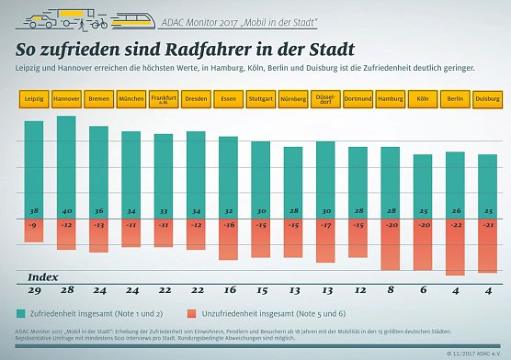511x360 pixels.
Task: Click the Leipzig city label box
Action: coord(34,97)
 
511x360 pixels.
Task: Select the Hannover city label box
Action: coord(66,97)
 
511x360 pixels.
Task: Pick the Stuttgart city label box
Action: coord(261,97)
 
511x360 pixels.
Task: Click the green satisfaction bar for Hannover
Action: coord(66,165)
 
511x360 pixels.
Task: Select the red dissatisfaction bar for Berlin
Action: coord(455,248)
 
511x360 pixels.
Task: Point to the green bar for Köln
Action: coord(423,184)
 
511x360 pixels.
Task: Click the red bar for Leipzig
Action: coord(34,231)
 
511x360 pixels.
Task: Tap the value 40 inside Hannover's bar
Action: coord(66,210)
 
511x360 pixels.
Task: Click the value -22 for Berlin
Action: coord(455,225)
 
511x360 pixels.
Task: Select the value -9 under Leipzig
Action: coord(34,225)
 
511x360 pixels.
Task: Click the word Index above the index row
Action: coord(43,276)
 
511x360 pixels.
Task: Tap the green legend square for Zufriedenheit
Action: coord(21,312)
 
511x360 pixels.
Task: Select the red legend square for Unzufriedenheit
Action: coord(191,312)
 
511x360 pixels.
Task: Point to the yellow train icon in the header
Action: coord(128,17)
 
